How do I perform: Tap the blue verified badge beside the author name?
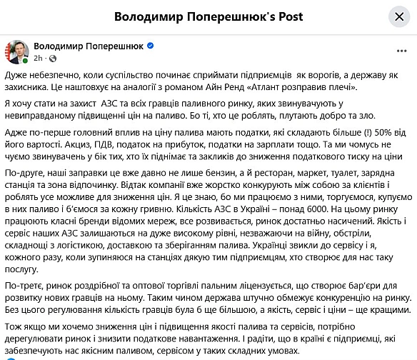pos(151,46)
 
